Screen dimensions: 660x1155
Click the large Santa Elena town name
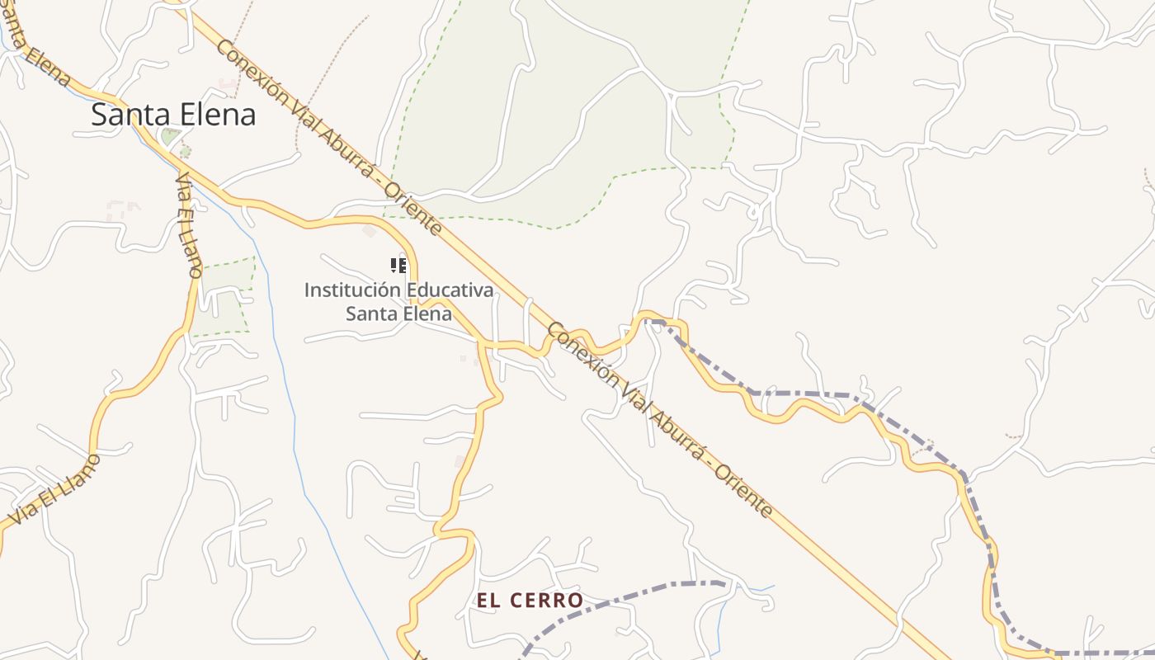tap(173, 115)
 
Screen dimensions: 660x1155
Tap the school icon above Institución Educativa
tap(398, 266)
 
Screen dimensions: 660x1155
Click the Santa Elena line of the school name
tap(398, 313)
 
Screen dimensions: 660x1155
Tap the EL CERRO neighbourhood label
tap(530, 601)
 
